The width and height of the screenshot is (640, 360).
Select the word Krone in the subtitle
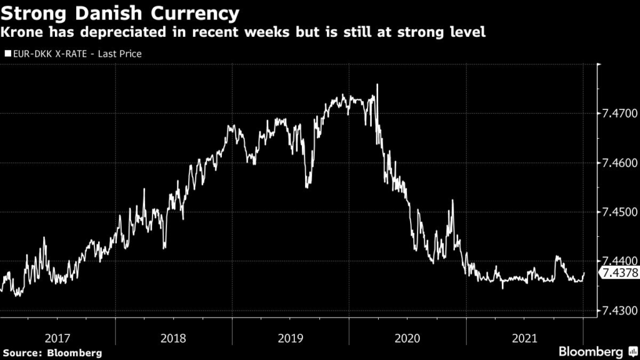point(24,32)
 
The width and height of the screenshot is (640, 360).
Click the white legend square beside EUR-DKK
point(7,54)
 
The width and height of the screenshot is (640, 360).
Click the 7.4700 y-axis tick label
point(619,114)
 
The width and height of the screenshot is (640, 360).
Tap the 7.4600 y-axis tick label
point(619,163)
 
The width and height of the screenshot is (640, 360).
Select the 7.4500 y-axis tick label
point(619,212)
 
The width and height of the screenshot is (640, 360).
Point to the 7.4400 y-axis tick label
point(619,261)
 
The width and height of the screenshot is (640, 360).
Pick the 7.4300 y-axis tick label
point(619,311)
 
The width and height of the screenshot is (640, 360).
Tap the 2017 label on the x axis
point(57,338)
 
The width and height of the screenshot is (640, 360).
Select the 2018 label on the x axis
point(174,338)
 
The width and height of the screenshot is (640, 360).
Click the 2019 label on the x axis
point(290,338)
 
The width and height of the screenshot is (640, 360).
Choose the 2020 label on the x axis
point(407,338)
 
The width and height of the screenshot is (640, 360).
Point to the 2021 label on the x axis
point(524,338)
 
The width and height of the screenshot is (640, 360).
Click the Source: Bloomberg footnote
point(52,352)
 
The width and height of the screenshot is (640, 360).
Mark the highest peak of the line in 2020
point(377,84)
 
